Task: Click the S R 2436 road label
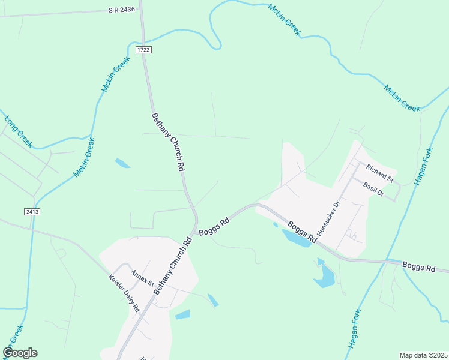point(122,10)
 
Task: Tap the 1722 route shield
point(142,50)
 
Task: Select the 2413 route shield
point(32,212)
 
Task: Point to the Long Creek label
point(18,131)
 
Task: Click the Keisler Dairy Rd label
point(124,293)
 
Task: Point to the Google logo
point(20,353)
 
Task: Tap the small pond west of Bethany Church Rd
point(122,163)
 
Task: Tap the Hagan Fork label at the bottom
point(355,329)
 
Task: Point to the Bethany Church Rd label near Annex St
point(172,265)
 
